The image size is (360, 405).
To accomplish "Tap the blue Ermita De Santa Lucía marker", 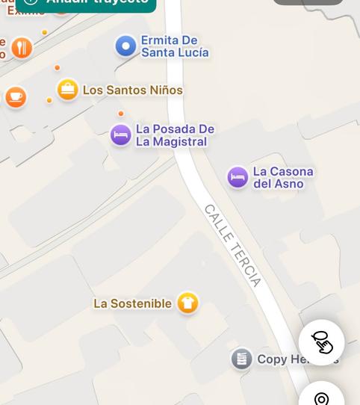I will [x=125, y=46].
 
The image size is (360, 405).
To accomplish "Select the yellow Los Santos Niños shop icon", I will [x=68, y=90].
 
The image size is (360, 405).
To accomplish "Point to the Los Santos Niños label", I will [x=132, y=90].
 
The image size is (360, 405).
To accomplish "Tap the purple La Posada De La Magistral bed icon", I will [x=121, y=135].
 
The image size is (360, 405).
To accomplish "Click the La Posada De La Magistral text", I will [x=175, y=135].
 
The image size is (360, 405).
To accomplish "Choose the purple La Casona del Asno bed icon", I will [x=238, y=178].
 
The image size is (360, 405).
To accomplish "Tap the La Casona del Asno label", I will [x=283, y=178].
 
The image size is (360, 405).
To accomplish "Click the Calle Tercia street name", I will [x=233, y=245].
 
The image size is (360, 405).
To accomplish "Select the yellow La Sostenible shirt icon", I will [x=187, y=303].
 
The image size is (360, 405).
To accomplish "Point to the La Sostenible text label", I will [x=132, y=303].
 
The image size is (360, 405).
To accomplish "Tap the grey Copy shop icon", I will [x=241, y=359].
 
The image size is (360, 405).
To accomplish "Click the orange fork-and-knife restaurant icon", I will [x=22, y=48].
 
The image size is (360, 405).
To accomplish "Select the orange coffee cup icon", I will [x=15, y=97].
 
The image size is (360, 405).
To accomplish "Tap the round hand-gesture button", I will [x=321, y=342].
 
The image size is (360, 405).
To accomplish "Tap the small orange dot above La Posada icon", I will [x=121, y=114].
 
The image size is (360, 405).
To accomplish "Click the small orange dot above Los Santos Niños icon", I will [x=57, y=68].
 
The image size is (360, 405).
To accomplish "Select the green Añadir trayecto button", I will [x=86, y=3].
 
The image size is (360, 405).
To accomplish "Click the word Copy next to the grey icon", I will [x=272, y=359].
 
